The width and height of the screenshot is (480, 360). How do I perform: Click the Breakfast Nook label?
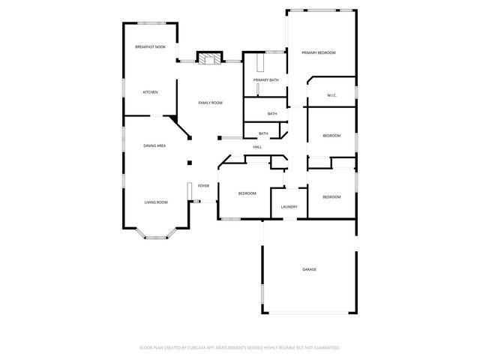coord(150,47)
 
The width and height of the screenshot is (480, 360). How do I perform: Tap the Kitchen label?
coord(150,92)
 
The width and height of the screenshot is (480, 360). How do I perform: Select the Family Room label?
coord(210,102)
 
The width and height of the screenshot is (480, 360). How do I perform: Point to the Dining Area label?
coord(154,145)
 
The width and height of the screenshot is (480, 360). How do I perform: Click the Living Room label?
coord(156,202)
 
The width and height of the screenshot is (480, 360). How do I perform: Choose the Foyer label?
coord(203,185)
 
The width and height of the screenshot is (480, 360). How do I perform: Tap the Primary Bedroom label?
coord(318,52)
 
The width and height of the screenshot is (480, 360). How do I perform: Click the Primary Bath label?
coord(265,79)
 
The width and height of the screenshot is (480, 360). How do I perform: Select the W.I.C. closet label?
coord(331,96)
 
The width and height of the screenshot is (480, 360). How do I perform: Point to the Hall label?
coord(257,147)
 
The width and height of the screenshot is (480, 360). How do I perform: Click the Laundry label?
coord(289,207)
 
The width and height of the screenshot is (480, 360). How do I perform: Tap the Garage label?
coord(308,268)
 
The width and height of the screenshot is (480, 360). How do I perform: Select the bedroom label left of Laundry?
coord(247,193)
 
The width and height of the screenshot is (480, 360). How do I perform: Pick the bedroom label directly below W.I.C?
coord(331,136)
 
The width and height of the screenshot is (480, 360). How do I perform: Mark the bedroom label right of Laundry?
coord(331,196)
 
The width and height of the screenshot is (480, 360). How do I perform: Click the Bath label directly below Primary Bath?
coord(271,114)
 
